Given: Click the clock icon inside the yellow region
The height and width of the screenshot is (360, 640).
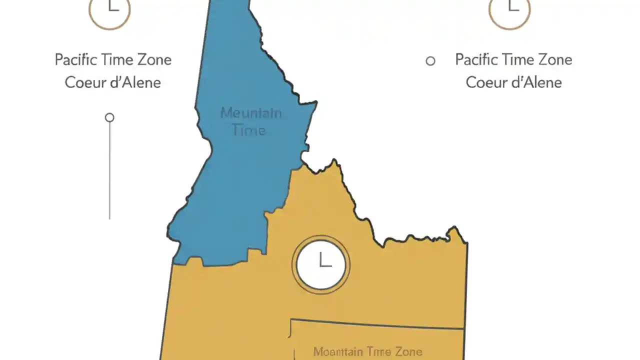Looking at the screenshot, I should pyautogui.click(x=320, y=264).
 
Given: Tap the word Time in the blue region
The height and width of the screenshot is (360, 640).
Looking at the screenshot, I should pyautogui.click(x=248, y=130).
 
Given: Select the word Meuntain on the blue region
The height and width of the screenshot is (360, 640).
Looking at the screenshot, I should pyautogui.click(x=251, y=112).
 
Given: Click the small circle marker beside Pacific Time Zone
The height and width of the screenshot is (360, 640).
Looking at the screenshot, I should pyautogui.click(x=430, y=61).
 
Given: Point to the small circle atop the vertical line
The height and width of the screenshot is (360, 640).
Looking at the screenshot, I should pyautogui.click(x=109, y=117).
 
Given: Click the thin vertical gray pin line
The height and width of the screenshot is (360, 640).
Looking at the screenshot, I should pyautogui.click(x=109, y=170).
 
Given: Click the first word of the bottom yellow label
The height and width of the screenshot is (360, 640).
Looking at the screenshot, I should pyautogui.click(x=338, y=352).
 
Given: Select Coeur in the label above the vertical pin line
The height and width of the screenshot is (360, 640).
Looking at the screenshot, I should pyautogui.click(x=84, y=82).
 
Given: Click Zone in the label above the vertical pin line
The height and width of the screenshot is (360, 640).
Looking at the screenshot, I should pyautogui.click(x=153, y=60).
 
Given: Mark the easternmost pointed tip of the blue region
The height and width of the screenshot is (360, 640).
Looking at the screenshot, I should pyautogui.click(x=316, y=103).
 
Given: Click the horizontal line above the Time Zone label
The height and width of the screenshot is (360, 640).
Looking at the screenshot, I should pyautogui.click(x=377, y=324).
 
